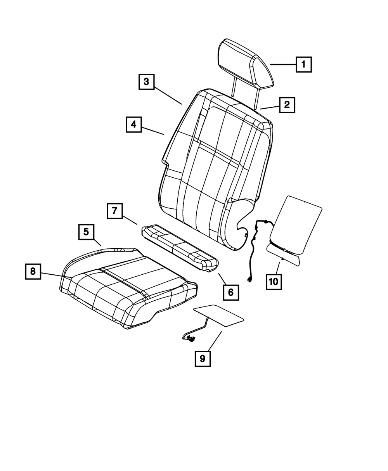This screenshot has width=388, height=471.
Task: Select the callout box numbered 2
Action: click(x=286, y=104)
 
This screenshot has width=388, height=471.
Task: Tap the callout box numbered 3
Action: click(x=146, y=82)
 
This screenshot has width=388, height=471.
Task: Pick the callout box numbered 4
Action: click(x=133, y=125)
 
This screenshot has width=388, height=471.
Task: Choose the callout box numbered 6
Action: click(x=230, y=292)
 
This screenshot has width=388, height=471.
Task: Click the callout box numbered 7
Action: click(x=114, y=211)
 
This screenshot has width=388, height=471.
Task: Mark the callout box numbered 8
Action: click(x=33, y=272)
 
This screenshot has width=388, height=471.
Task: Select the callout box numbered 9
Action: click(x=202, y=358)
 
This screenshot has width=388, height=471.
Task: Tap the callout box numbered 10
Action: click(x=274, y=281)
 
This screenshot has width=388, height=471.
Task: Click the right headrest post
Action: click(x=256, y=99)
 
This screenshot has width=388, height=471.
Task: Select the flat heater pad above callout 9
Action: click(x=219, y=314)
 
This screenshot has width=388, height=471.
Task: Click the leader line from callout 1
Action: click(x=283, y=65)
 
